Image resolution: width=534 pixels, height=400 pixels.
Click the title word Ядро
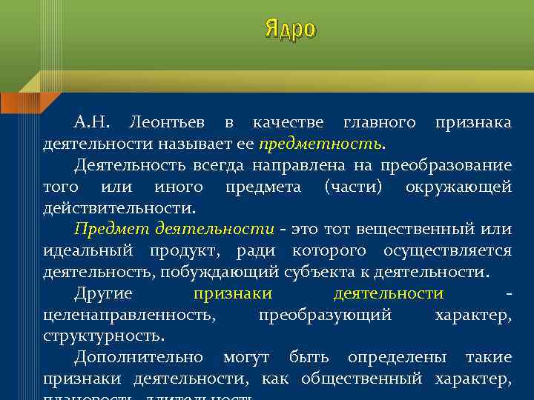pos(290,29)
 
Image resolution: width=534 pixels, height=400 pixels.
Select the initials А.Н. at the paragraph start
pos(93,121)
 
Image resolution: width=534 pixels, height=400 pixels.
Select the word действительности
pos(119,207)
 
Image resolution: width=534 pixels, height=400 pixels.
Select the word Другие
pos(103,293)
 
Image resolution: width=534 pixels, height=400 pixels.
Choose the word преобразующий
pos(325,315)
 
